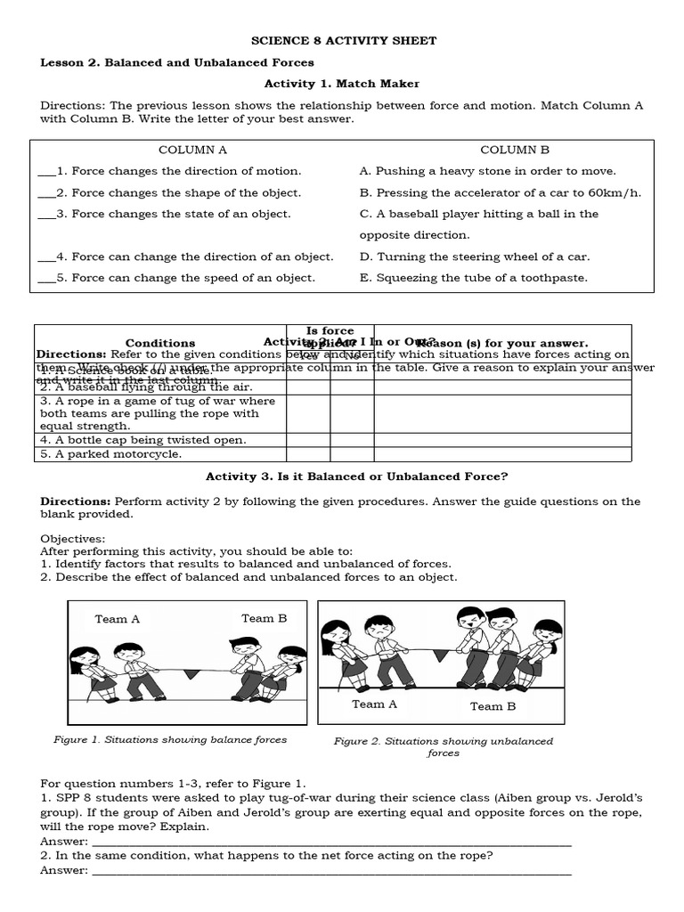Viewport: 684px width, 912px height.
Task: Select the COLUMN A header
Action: (x=192, y=150)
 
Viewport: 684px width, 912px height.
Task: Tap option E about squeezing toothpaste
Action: (x=473, y=278)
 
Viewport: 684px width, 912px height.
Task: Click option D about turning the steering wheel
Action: (x=474, y=256)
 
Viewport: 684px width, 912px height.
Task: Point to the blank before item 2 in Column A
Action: (x=46, y=193)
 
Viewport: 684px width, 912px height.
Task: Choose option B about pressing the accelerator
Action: (x=500, y=192)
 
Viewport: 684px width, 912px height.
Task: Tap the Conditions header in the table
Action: (x=160, y=343)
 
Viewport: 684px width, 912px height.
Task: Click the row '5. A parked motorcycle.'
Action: (x=110, y=454)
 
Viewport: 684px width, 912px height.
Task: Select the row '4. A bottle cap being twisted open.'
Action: (x=142, y=440)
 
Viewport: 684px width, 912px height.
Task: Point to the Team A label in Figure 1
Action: (x=118, y=619)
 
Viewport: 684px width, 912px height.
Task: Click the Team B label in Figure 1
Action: (x=264, y=618)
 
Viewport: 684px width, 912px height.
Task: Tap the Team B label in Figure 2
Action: (x=493, y=706)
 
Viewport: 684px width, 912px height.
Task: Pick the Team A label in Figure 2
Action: (x=374, y=704)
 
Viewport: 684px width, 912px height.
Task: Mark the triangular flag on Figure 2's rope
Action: (x=439, y=656)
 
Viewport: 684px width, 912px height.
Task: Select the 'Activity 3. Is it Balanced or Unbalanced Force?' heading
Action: (x=356, y=476)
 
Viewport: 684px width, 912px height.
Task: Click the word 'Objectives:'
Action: (x=72, y=539)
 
